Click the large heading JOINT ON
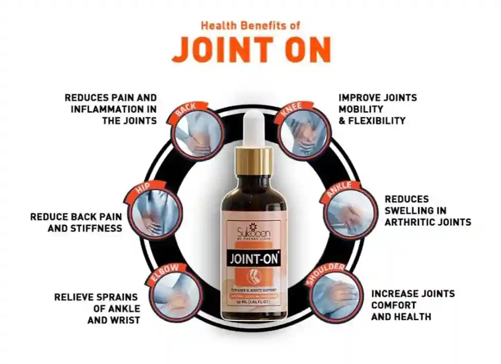click(x=251, y=49)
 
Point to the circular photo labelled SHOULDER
click(x=329, y=294)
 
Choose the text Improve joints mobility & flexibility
click(x=377, y=109)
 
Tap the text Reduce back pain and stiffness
click(x=76, y=222)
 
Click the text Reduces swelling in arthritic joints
click(x=428, y=210)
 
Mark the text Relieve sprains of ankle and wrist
click(x=97, y=309)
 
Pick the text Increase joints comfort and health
click(x=413, y=305)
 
